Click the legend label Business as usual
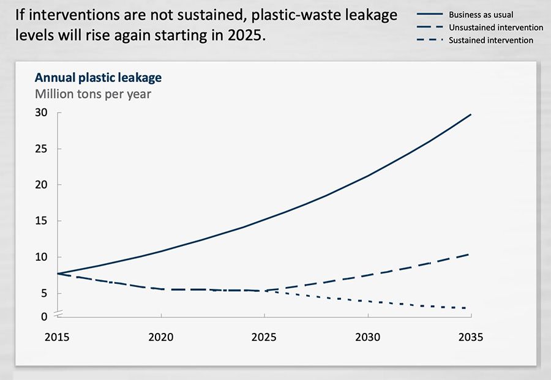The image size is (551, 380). click(481, 14)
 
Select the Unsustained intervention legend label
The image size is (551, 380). click(495, 27)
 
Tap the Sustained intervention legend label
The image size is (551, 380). click(491, 40)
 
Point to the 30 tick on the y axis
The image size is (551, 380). click(41, 113)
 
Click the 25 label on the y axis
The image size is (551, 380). click(41, 149)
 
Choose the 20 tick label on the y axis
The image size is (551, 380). click(41, 185)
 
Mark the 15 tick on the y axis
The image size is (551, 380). click(41, 221)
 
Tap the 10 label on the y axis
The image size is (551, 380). click(41, 257)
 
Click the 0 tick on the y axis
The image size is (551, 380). click(44, 316)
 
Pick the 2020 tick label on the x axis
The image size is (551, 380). click(161, 337)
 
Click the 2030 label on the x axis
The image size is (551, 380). click(367, 337)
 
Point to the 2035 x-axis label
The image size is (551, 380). click(470, 337)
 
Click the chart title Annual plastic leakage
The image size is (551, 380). click(98, 78)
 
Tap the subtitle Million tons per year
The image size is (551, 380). click(92, 94)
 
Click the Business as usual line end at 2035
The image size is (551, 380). click(470, 114)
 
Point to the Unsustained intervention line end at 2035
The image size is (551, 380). click(470, 254)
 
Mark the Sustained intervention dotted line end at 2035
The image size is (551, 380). click(470, 308)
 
